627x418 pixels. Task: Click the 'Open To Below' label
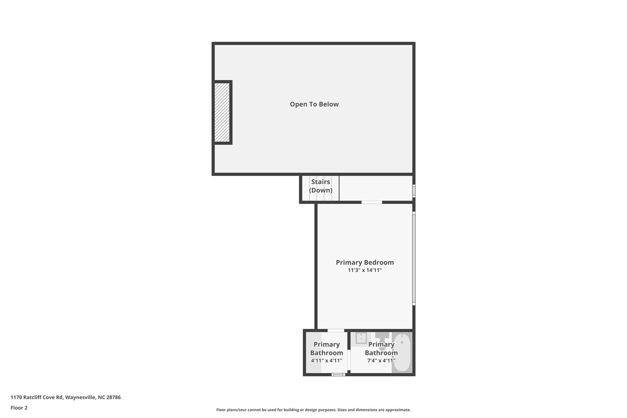click(x=314, y=104)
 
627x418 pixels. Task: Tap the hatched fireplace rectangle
click(x=222, y=112)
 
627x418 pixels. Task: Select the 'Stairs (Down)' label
click(x=321, y=186)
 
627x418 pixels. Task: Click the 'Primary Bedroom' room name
click(x=365, y=262)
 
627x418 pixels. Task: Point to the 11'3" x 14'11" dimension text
click(x=365, y=270)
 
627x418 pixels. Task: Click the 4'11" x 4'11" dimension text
click(x=326, y=361)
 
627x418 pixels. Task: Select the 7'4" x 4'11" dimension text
click(x=381, y=361)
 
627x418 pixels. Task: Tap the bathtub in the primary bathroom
click(x=402, y=352)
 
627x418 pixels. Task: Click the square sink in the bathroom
click(x=361, y=338)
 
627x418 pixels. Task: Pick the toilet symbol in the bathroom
click(x=382, y=341)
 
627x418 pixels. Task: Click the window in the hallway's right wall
click(x=414, y=191)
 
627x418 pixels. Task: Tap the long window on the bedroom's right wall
click(x=414, y=258)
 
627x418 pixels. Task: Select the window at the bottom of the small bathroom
click(x=338, y=375)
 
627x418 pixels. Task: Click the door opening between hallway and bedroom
click(x=372, y=202)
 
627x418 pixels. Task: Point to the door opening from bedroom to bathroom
click(x=336, y=330)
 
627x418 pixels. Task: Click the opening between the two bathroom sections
click(x=349, y=360)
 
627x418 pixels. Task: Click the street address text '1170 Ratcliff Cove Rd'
click(x=37, y=397)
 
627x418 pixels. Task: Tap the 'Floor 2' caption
click(x=19, y=408)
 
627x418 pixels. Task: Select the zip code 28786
click(x=114, y=397)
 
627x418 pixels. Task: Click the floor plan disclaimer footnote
click(x=313, y=410)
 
